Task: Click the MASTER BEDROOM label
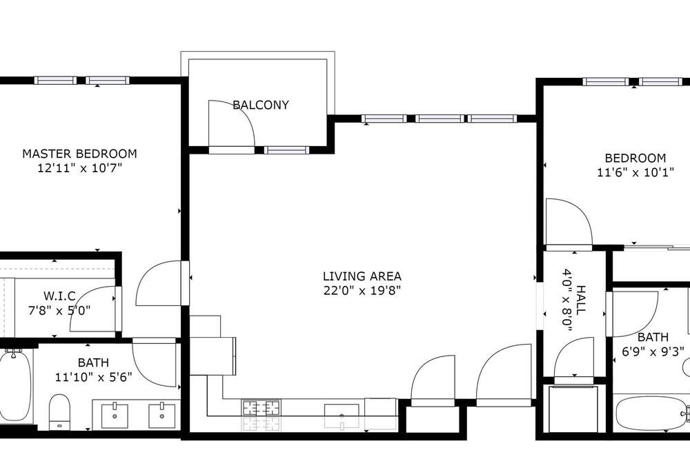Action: pyautogui.click(x=79, y=154)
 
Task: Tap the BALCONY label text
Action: pyautogui.click(x=261, y=105)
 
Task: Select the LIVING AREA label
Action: pyautogui.click(x=362, y=276)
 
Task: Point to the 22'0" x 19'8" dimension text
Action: pyautogui.click(x=362, y=291)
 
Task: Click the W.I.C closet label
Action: pyautogui.click(x=59, y=296)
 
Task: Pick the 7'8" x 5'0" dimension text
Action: pyautogui.click(x=59, y=311)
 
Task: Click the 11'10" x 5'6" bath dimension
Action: pyautogui.click(x=94, y=377)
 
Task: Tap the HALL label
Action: pyautogui.click(x=581, y=300)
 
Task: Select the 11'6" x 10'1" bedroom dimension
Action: pyautogui.click(x=635, y=172)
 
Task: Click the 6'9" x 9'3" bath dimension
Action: pyautogui.click(x=653, y=351)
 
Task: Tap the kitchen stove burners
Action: pyautogui.click(x=261, y=407)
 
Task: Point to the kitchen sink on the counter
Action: pyautogui.click(x=342, y=411)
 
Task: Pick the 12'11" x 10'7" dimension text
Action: pyautogui.click(x=79, y=168)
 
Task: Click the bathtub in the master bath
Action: pyautogui.click(x=15, y=387)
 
